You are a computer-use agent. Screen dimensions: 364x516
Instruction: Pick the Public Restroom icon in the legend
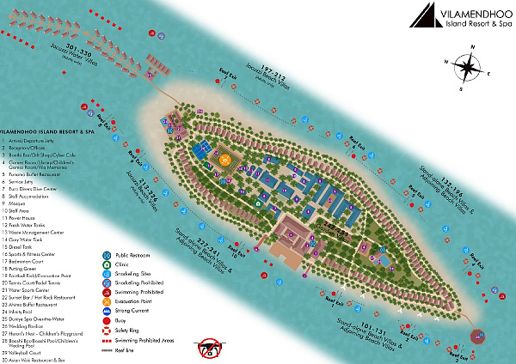click(106, 255)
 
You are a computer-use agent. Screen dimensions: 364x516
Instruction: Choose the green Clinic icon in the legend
click(106, 265)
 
